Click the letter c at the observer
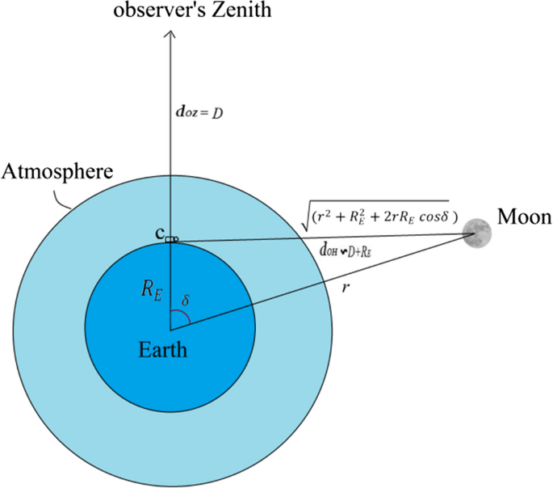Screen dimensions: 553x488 tap(159, 234)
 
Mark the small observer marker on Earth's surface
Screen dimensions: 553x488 tap(171, 240)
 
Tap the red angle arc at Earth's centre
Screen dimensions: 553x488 tap(187, 320)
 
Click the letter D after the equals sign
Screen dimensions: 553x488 tap(218, 113)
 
